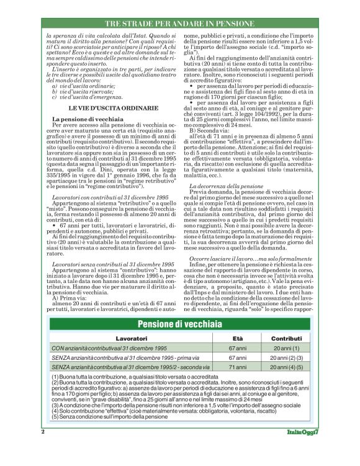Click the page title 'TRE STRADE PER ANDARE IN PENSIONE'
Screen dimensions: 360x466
180,23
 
